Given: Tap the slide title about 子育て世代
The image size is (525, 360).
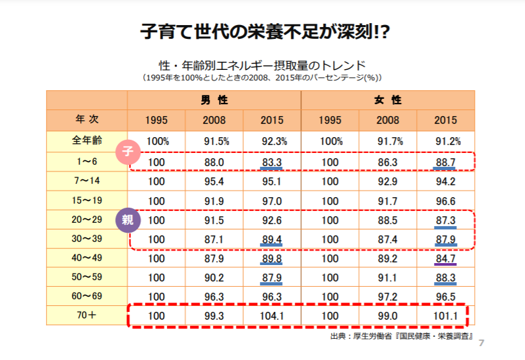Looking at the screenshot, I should [x=262, y=31].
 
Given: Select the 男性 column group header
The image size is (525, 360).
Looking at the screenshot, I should [x=214, y=100].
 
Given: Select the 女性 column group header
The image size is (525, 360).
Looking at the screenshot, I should [x=387, y=100].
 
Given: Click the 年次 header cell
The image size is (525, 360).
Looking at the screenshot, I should [x=86, y=120].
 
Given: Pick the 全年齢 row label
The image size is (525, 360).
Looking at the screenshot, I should [x=86, y=140].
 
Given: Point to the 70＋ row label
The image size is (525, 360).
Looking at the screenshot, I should [x=86, y=315].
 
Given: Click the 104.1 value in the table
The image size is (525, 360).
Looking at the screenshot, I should [x=272, y=315].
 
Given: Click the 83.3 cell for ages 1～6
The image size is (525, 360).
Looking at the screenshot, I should [x=272, y=161].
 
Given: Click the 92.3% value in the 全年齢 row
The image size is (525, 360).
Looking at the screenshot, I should [x=272, y=141].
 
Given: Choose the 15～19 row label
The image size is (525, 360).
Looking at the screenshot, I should [x=86, y=200].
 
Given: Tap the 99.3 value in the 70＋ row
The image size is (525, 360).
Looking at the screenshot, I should [x=214, y=315].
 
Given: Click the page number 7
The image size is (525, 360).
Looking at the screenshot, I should [x=481, y=343].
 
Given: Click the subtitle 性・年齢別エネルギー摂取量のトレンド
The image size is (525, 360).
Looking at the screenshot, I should [x=262, y=65].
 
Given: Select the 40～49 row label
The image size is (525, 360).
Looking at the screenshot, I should [x=86, y=258].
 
